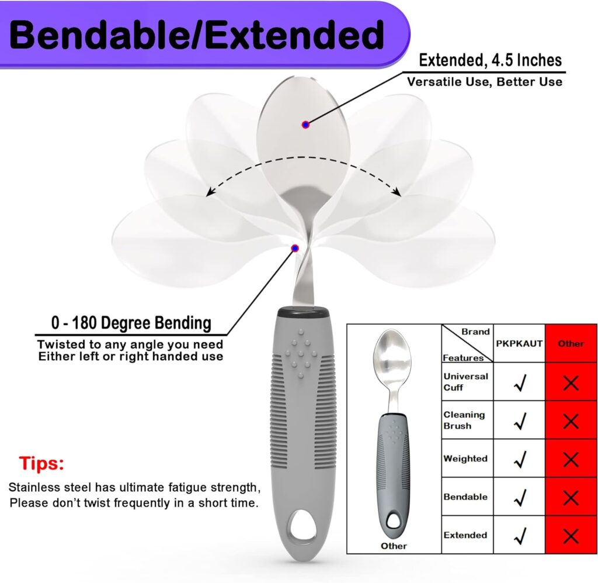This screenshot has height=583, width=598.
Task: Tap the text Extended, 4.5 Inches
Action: click(x=490, y=60)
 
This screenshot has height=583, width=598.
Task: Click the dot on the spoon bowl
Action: click(x=305, y=125)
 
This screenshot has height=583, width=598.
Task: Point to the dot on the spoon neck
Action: click(x=295, y=249)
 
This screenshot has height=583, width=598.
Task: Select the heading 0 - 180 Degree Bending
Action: click(x=131, y=323)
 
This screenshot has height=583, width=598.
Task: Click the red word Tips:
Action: click(x=41, y=464)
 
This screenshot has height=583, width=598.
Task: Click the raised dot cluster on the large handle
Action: click(x=301, y=354)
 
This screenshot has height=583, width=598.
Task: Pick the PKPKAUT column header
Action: click(x=519, y=344)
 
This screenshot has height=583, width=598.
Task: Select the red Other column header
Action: click(x=571, y=344)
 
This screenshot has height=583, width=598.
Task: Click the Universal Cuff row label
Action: click(x=465, y=382)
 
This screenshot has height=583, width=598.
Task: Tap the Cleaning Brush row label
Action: click(x=464, y=420)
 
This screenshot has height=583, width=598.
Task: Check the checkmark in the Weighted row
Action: click(x=520, y=459)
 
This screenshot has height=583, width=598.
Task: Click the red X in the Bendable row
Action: click(x=571, y=498)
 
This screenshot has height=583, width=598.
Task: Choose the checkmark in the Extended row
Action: click(x=520, y=536)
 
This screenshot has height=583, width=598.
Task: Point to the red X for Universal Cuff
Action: click(x=571, y=383)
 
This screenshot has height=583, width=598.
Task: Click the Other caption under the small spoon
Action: click(x=394, y=546)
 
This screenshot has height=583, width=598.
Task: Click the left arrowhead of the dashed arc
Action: click(x=209, y=193)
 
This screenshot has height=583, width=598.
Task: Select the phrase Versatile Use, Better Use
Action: click(x=485, y=82)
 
